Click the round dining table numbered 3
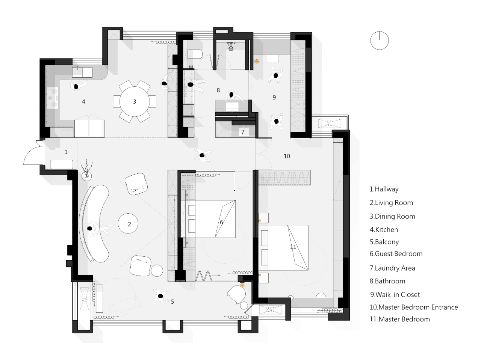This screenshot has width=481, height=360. click(134, 101)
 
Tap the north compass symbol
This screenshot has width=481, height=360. click(379, 40)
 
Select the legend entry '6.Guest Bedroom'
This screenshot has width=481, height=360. click(396, 254)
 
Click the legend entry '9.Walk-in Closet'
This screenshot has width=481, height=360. click(395, 295)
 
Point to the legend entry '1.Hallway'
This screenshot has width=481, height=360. click(384, 189)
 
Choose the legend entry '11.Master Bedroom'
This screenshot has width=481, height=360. click(399, 319)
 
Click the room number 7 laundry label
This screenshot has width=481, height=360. click(243, 132)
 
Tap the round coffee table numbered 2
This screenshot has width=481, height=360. click(129, 224)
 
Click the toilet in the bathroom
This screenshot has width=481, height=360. click(195, 55)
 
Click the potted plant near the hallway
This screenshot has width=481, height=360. click(87, 171)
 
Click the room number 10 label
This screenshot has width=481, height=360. click(287, 156)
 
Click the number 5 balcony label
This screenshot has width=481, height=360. click(172, 301)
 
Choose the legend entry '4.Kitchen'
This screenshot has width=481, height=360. click(384, 230)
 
